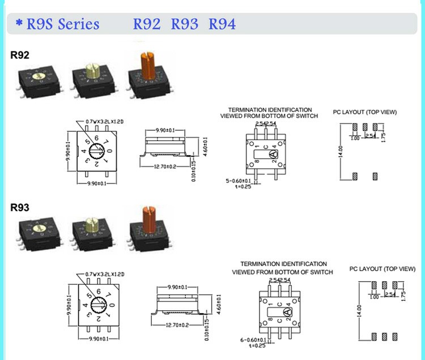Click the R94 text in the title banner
tap(222, 24)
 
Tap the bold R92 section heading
tap(20, 55)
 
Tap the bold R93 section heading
tap(20, 208)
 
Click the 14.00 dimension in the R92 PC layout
tap(341, 151)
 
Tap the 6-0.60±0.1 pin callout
tap(252, 340)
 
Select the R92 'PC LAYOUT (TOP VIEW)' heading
tap(364, 112)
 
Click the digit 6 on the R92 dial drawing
tap(97, 138)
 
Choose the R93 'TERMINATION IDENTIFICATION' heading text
tap(283, 264)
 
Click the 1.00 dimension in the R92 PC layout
tap(355, 138)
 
